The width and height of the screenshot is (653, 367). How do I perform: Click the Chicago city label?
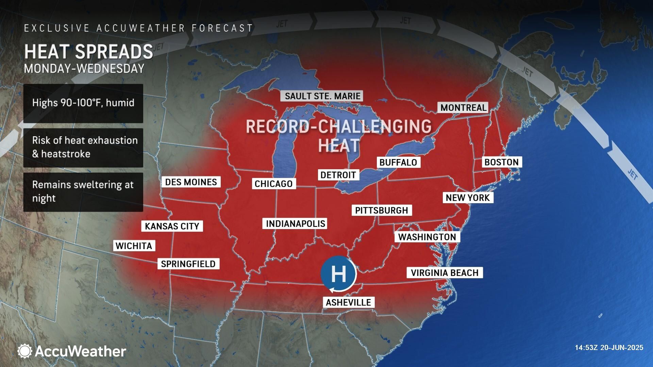[x=274, y=184]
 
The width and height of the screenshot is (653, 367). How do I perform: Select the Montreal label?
[x=463, y=108]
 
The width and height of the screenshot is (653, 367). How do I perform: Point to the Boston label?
[x=502, y=162]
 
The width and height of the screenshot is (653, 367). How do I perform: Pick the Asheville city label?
[x=348, y=302]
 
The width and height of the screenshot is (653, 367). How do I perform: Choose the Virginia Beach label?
[x=445, y=273]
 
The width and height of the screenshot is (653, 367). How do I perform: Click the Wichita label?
[x=134, y=246]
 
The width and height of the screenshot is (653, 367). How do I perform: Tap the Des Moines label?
[x=191, y=182]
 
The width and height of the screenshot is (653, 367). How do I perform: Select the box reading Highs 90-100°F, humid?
[x=83, y=103]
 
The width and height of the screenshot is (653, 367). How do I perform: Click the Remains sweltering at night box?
[x=83, y=192]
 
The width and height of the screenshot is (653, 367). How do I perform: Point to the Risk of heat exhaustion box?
[x=83, y=147]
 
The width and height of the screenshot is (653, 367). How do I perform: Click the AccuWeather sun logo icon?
[x=25, y=351]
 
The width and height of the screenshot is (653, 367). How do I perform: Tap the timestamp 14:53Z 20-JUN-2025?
[x=609, y=348]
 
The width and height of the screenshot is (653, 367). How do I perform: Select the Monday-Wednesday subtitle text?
[x=84, y=69]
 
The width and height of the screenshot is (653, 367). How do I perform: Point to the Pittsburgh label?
[x=382, y=210]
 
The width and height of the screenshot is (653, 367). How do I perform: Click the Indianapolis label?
[x=295, y=224]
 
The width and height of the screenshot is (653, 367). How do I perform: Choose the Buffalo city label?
[x=398, y=162]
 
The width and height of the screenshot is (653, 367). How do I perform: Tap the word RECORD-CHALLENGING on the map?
[x=338, y=126]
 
